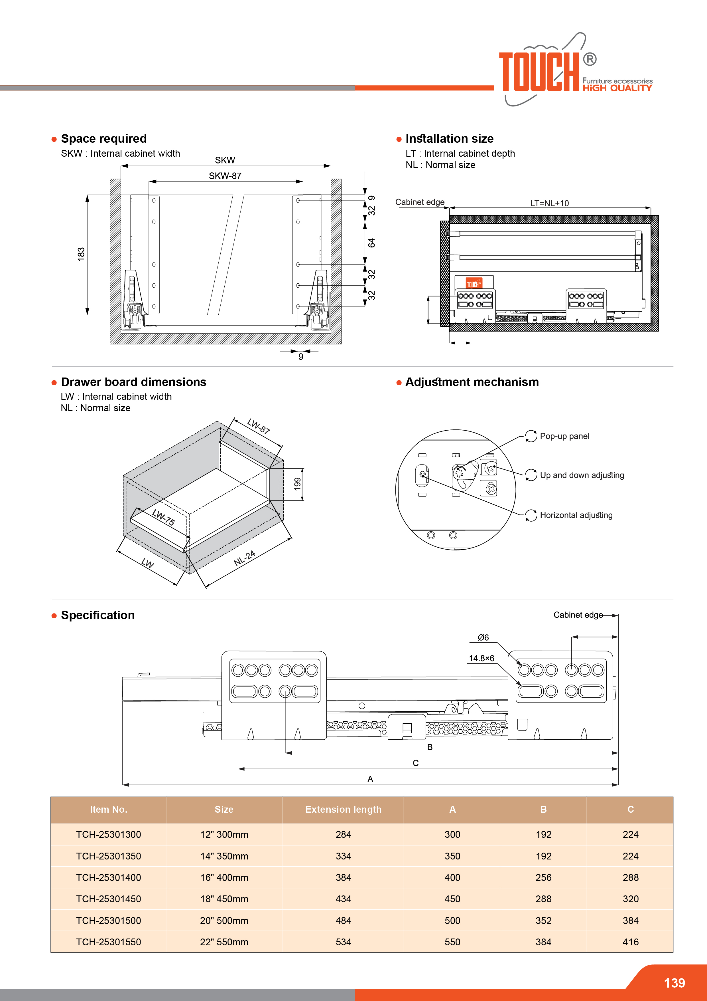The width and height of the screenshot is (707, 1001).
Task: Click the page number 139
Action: tap(674, 983)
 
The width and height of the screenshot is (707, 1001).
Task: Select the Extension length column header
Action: tap(343, 810)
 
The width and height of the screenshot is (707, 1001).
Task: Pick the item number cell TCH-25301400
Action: tap(108, 878)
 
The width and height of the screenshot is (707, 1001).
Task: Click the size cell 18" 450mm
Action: tap(224, 899)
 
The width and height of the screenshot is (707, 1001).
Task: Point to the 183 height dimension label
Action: tap(81, 254)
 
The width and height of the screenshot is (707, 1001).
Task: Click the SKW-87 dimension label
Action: tap(225, 176)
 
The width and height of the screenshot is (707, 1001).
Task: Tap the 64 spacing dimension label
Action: tap(371, 243)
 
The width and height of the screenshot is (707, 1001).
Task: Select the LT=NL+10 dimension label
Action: tap(549, 203)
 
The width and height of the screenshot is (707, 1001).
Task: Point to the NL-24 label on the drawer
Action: tap(244, 558)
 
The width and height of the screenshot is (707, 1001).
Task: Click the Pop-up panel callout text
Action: tap(564, 436)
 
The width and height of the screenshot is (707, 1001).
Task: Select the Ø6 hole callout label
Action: tap(483, 637)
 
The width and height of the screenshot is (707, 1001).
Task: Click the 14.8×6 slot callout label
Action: tap(481, 658)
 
